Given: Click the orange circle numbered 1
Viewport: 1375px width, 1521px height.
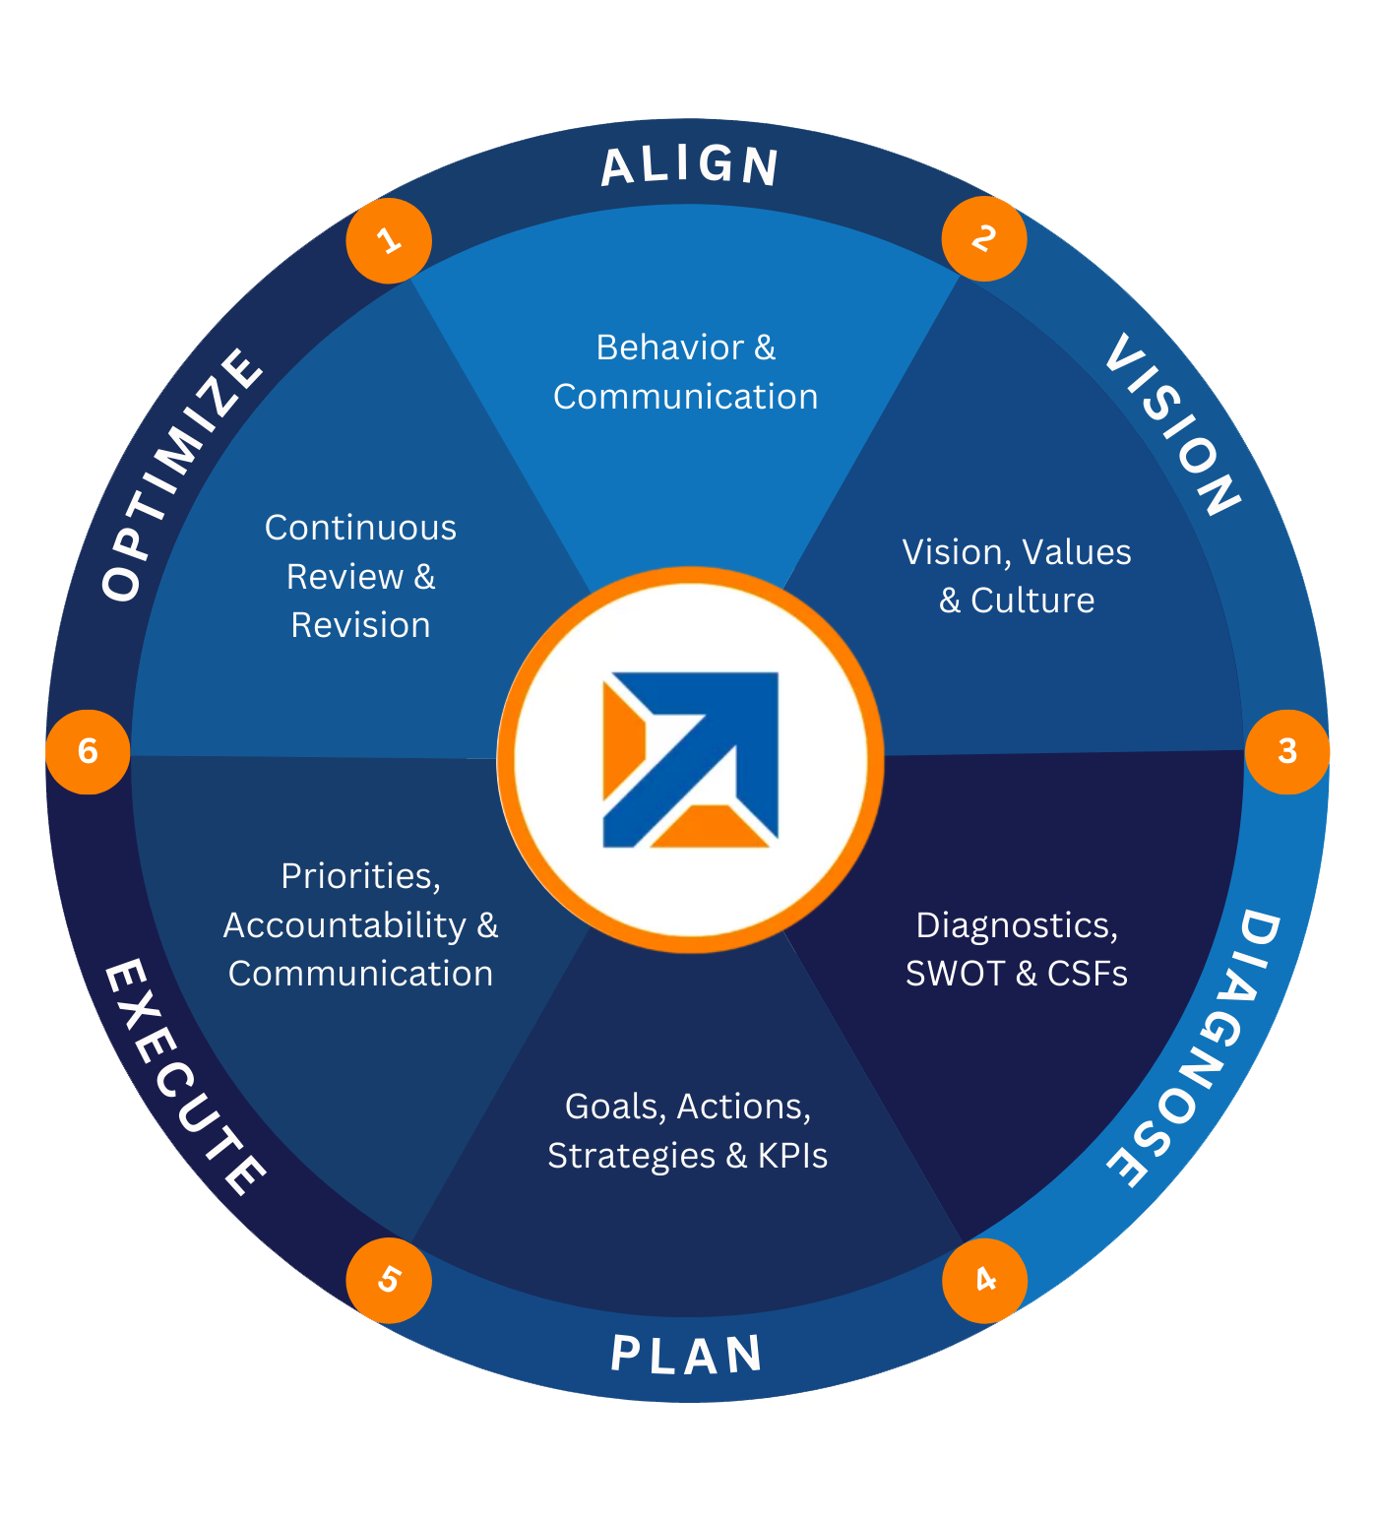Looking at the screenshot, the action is (389, 240).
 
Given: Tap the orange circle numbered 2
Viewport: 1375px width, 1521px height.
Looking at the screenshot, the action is (983, 238).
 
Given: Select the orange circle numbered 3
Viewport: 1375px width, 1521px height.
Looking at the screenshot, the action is (1287, 751).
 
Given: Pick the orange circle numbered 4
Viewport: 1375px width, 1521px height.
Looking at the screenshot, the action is (984, 1280).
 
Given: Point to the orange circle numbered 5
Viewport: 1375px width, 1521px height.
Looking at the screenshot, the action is (389, 1280).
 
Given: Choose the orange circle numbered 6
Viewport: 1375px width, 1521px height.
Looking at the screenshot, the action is (88, 751).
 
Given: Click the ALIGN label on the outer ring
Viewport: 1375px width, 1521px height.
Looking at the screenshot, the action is (690, 165).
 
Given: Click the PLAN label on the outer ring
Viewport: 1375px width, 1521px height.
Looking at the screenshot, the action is (687, 1355).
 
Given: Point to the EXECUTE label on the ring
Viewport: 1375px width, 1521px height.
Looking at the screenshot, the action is (183, 1077).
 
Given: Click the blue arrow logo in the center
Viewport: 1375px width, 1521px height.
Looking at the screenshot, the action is (691, 759).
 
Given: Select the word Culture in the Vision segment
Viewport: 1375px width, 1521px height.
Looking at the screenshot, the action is (1032, 601).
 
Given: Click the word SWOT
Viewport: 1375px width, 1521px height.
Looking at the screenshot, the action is (955, 974).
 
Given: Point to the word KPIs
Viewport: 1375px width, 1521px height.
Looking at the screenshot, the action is (792, 1156).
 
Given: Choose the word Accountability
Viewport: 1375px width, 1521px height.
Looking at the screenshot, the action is (344, 925).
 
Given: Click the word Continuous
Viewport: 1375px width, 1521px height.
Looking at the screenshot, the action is (360, 528).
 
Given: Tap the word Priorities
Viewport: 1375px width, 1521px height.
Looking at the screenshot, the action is (360, 876).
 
